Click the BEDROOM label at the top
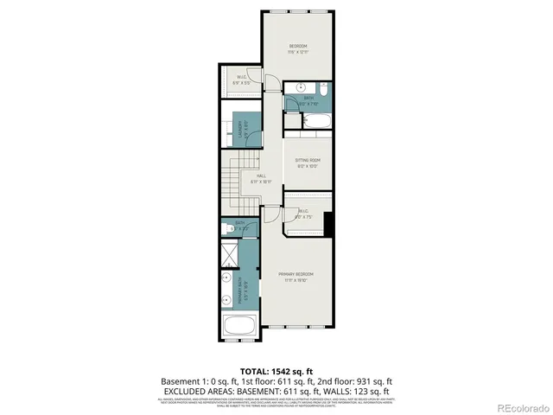pyautogui.click(x=297, y=47)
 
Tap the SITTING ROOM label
pyautogui.click(x=308, y=162)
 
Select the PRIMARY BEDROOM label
pyautogui.click(x=296, y=276)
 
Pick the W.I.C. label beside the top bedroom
pyautogui.click(x=243, y=80)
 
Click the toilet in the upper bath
pyautogui.click(x=321, y=89)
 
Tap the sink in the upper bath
pyautogui.click(x=298, y=86)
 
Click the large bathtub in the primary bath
pyautogui.click(x=238, y=329)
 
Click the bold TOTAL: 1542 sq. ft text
pyautogui.click(x=276, y=369)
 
